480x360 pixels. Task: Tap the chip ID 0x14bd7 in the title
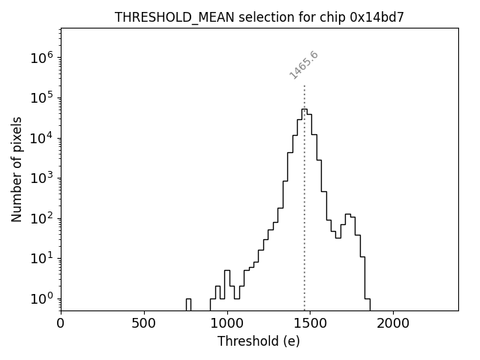click(377, 17)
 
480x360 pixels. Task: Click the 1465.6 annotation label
click(304, 65)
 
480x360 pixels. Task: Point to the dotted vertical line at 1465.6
click(304, 195)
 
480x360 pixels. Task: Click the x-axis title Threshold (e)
click(259, 341)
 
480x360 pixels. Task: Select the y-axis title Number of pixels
click(16, 169)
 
